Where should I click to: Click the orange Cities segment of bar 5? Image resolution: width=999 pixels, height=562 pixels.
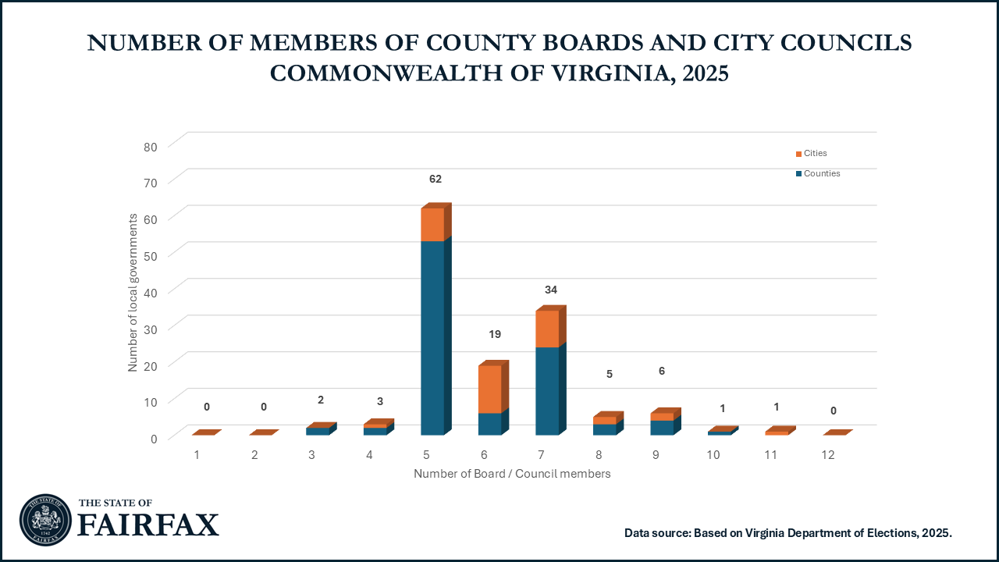(432, 225)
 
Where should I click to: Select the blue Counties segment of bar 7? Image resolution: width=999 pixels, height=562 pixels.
(547, 390)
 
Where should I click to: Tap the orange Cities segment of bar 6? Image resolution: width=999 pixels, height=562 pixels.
(489, 389)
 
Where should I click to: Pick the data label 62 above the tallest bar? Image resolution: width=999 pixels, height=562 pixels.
(436, 179)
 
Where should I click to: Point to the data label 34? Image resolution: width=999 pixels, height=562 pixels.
(550, 290)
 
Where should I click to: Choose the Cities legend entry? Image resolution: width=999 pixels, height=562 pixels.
(811, 153)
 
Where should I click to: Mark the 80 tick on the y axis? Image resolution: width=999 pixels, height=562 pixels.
(150, 146)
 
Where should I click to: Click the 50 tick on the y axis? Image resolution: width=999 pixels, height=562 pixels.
(150, 255)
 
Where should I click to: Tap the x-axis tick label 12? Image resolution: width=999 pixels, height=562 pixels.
(828, 454)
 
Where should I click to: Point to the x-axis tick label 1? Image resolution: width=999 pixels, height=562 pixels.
(197, 454)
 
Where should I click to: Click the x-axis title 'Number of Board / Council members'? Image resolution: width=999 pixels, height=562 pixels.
(512, 474)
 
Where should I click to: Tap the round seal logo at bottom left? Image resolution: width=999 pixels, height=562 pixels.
(45, 520)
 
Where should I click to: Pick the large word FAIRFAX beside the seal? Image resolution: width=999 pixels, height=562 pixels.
(148, 525)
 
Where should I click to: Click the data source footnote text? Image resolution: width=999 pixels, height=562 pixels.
(788, 532)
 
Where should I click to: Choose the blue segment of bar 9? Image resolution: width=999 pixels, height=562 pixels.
(662, 428)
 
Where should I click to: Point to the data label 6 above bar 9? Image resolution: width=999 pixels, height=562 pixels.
(662, 371)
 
